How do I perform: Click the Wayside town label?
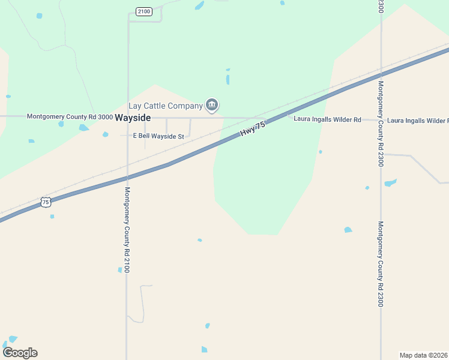tap(133, 118)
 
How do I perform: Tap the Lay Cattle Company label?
tap(165, 106)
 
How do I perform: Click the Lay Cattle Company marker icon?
tap(211, 106)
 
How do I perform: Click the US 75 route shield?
tap(46, 202)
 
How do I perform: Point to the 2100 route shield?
tap(143, 11)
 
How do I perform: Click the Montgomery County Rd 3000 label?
tap(69, 116)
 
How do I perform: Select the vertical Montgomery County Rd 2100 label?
tap(127, 230)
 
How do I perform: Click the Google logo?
tap(20, 353)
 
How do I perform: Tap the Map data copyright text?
tap(424, 355)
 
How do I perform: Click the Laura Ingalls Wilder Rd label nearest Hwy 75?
tap(327, 120)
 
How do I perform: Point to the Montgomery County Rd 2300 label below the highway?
tap(380, 264)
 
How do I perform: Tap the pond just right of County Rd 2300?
tap(391, 182)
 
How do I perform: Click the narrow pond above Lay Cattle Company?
tap(228, 79)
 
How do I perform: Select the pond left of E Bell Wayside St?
tap(106, 134)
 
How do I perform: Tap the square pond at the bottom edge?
tap(204, 349)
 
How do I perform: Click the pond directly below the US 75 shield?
tap(52, 216)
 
